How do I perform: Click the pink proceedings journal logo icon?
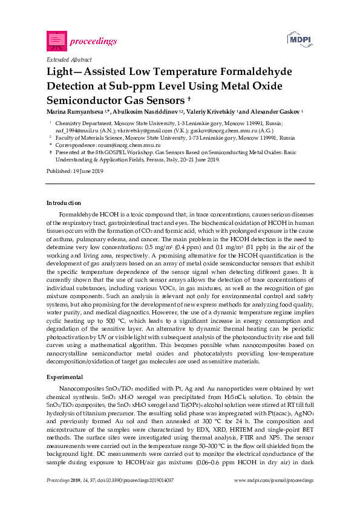click(56, 41)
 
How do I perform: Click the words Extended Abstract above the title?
click(69, 60)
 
